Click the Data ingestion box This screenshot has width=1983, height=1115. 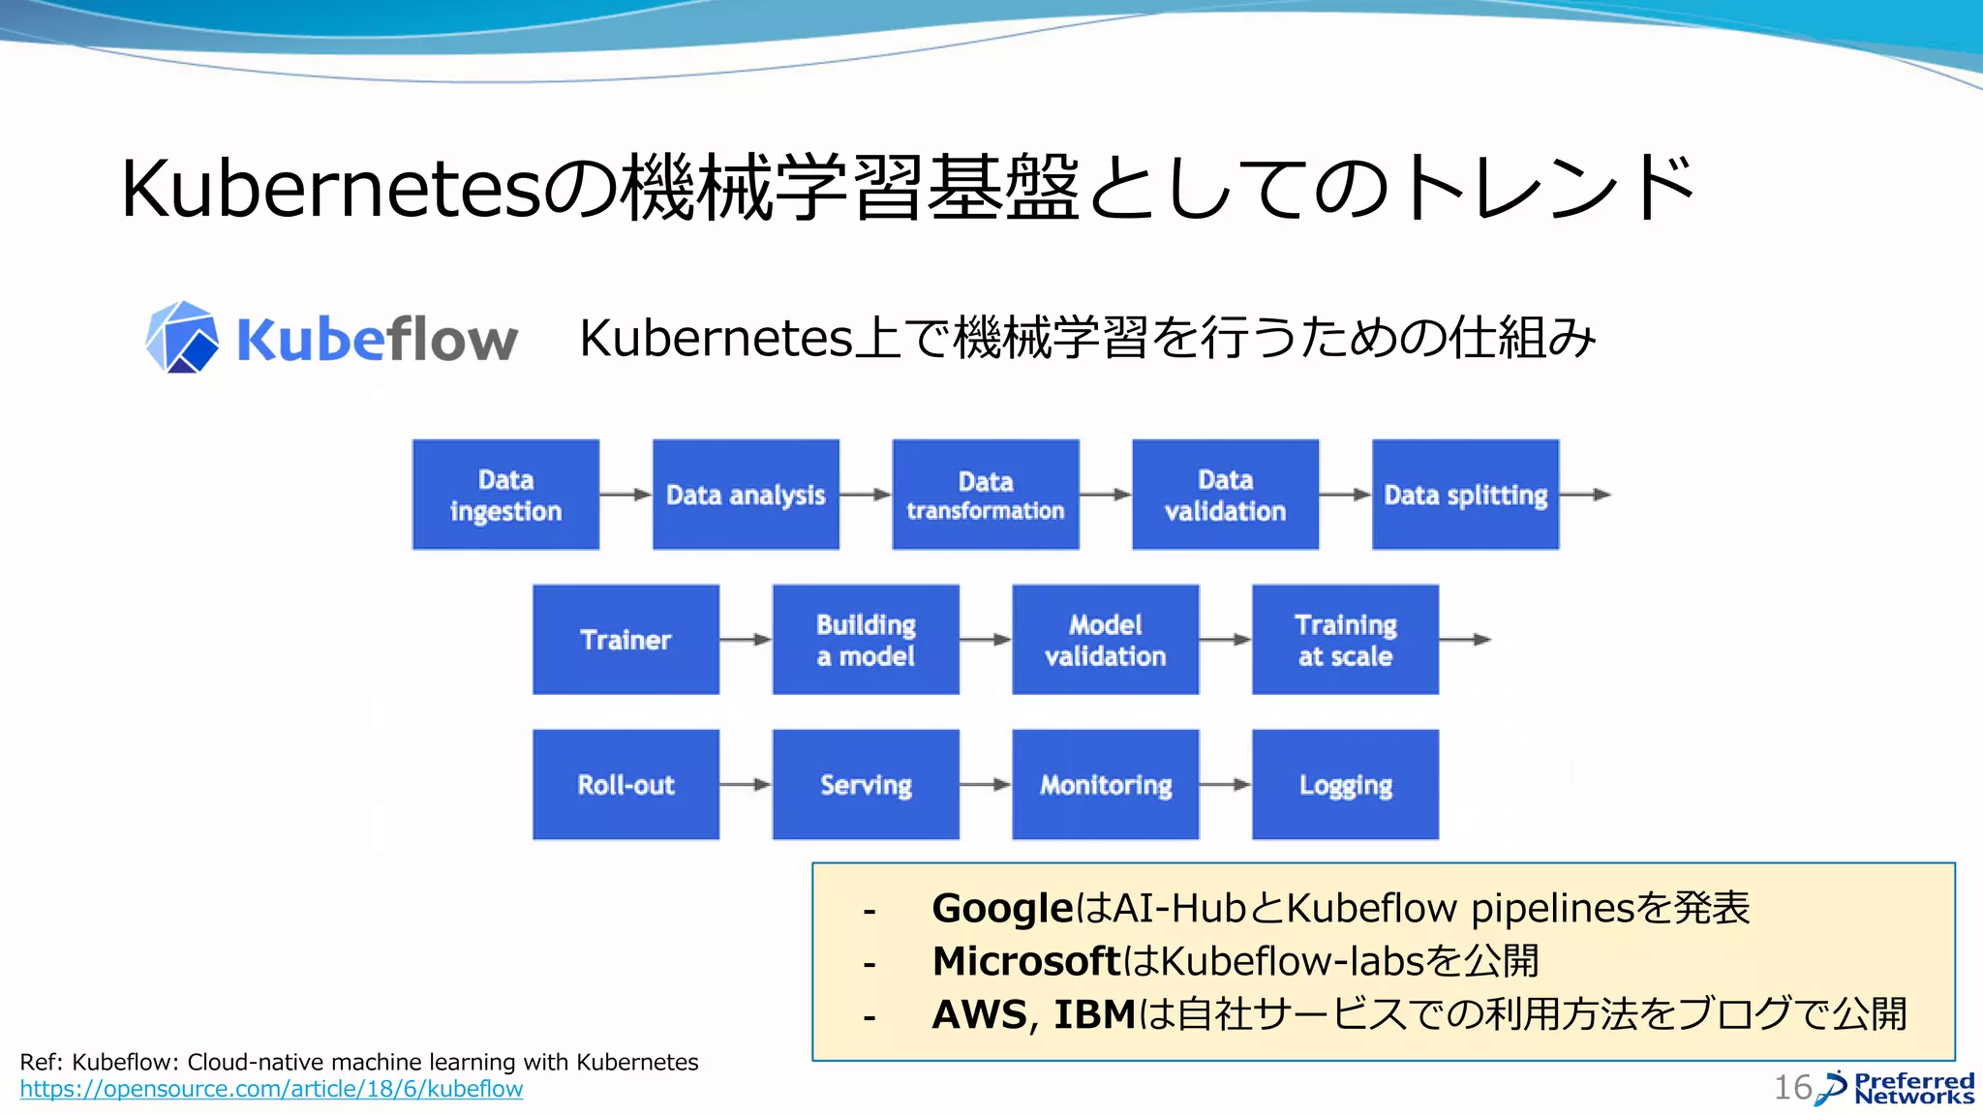click(x=505, y=495)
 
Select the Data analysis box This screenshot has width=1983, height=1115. click(x=746, y=495)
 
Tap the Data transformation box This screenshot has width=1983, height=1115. click(x=986, y=495)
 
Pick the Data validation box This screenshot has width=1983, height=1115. click(x=1225, y=495)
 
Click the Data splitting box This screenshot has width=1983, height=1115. click(x=1465, y=495)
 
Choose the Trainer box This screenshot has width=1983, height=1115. click(x=625, y=640)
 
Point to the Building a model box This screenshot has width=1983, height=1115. click(x=866, y=640)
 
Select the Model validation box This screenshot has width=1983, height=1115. click(x=1105, y=640)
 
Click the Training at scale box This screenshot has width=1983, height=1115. click(x=1345, y=640)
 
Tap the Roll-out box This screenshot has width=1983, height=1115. click(x=625, y=785)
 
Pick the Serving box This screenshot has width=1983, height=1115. click(x=866, y=785)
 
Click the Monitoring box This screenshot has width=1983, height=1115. click(x=1105, y=785)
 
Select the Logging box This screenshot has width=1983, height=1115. click(x=1345, y=785)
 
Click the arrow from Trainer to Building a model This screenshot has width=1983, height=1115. click(x=746, y=640)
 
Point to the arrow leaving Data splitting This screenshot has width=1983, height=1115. click(x=1585, y=495)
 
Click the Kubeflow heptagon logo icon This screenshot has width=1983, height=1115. click(x=181, y=338)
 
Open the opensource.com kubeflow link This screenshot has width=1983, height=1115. click(x=271, y=1089)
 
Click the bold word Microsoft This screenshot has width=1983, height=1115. click(x=1025, y=961)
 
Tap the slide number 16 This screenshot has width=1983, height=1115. click(x=1791, y=1088)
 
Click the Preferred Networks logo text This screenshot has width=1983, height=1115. click(x=1913, y=1089)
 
